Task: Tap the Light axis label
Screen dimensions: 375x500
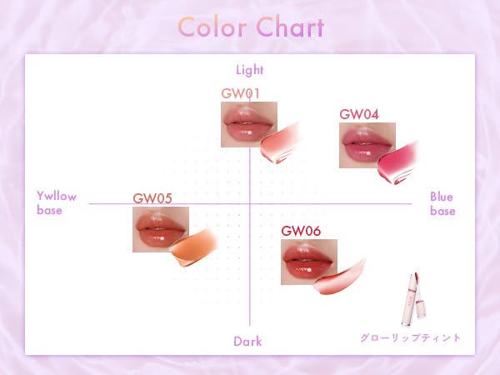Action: pos(250,70)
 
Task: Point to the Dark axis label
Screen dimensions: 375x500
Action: pos(247,341)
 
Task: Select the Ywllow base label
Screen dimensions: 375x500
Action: pos(57,203)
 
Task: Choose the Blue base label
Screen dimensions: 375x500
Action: pos(442,203)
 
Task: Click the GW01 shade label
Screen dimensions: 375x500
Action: pos(241,93)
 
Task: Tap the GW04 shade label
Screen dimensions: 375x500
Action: pos(359,114)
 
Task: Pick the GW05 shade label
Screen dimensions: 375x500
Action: pos(152,198)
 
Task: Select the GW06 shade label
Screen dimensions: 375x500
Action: pos(301,231)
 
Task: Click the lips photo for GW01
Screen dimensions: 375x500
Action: pos(249,124)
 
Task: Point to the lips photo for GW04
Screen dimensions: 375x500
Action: pos(367,145)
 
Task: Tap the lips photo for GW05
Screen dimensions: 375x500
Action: pos(161,229)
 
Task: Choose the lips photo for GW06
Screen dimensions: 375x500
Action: pos(309,262)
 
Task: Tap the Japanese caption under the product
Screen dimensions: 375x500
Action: pos(411,338)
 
